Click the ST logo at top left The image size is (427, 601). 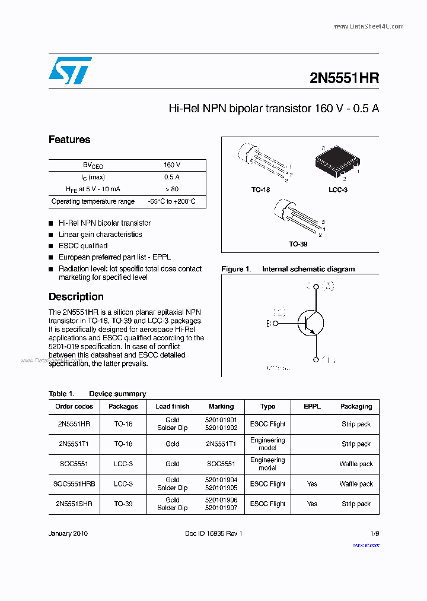point(69,71)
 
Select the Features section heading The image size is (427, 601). point(69,140)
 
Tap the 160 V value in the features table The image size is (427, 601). point(172,165)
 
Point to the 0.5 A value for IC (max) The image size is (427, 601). point(172,177)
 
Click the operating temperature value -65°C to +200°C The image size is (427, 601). point(172,202)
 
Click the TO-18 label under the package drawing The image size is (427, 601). point(260,189)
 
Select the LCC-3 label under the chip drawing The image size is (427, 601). point(338,189)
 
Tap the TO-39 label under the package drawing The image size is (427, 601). point(298,243)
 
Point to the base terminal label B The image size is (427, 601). point(268,324)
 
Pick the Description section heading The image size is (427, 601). point(76,296)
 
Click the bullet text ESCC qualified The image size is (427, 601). point(83,246)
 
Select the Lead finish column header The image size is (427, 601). point(173,406)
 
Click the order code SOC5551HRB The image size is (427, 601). point(74,484)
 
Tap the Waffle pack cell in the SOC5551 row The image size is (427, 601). point(356,464)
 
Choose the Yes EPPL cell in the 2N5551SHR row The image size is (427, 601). point(312,504)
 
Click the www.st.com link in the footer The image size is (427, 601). point(365,545)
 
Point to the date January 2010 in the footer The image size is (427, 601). point(68,533)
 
